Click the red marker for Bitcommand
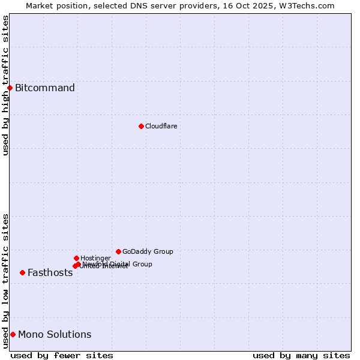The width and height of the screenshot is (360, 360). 10,88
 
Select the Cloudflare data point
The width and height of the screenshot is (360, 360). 141,126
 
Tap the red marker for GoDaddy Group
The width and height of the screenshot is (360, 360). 118,251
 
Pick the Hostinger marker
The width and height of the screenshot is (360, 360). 76,258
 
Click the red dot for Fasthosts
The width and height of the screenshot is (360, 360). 22,272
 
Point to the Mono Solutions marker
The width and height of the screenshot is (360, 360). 13,334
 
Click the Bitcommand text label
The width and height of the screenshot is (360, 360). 45,88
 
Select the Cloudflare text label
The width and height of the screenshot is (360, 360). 161,126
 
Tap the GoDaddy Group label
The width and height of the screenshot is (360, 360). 148,251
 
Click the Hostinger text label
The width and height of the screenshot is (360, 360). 95,258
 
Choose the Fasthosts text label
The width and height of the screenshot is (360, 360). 50,272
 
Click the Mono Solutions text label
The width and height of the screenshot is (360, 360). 55,334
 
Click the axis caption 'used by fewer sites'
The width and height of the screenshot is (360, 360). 62,355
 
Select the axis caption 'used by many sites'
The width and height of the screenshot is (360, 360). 301,355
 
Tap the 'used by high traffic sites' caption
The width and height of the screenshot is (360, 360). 5,85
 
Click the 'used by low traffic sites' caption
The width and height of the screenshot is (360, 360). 5,281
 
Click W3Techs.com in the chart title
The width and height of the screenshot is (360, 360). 310,5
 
